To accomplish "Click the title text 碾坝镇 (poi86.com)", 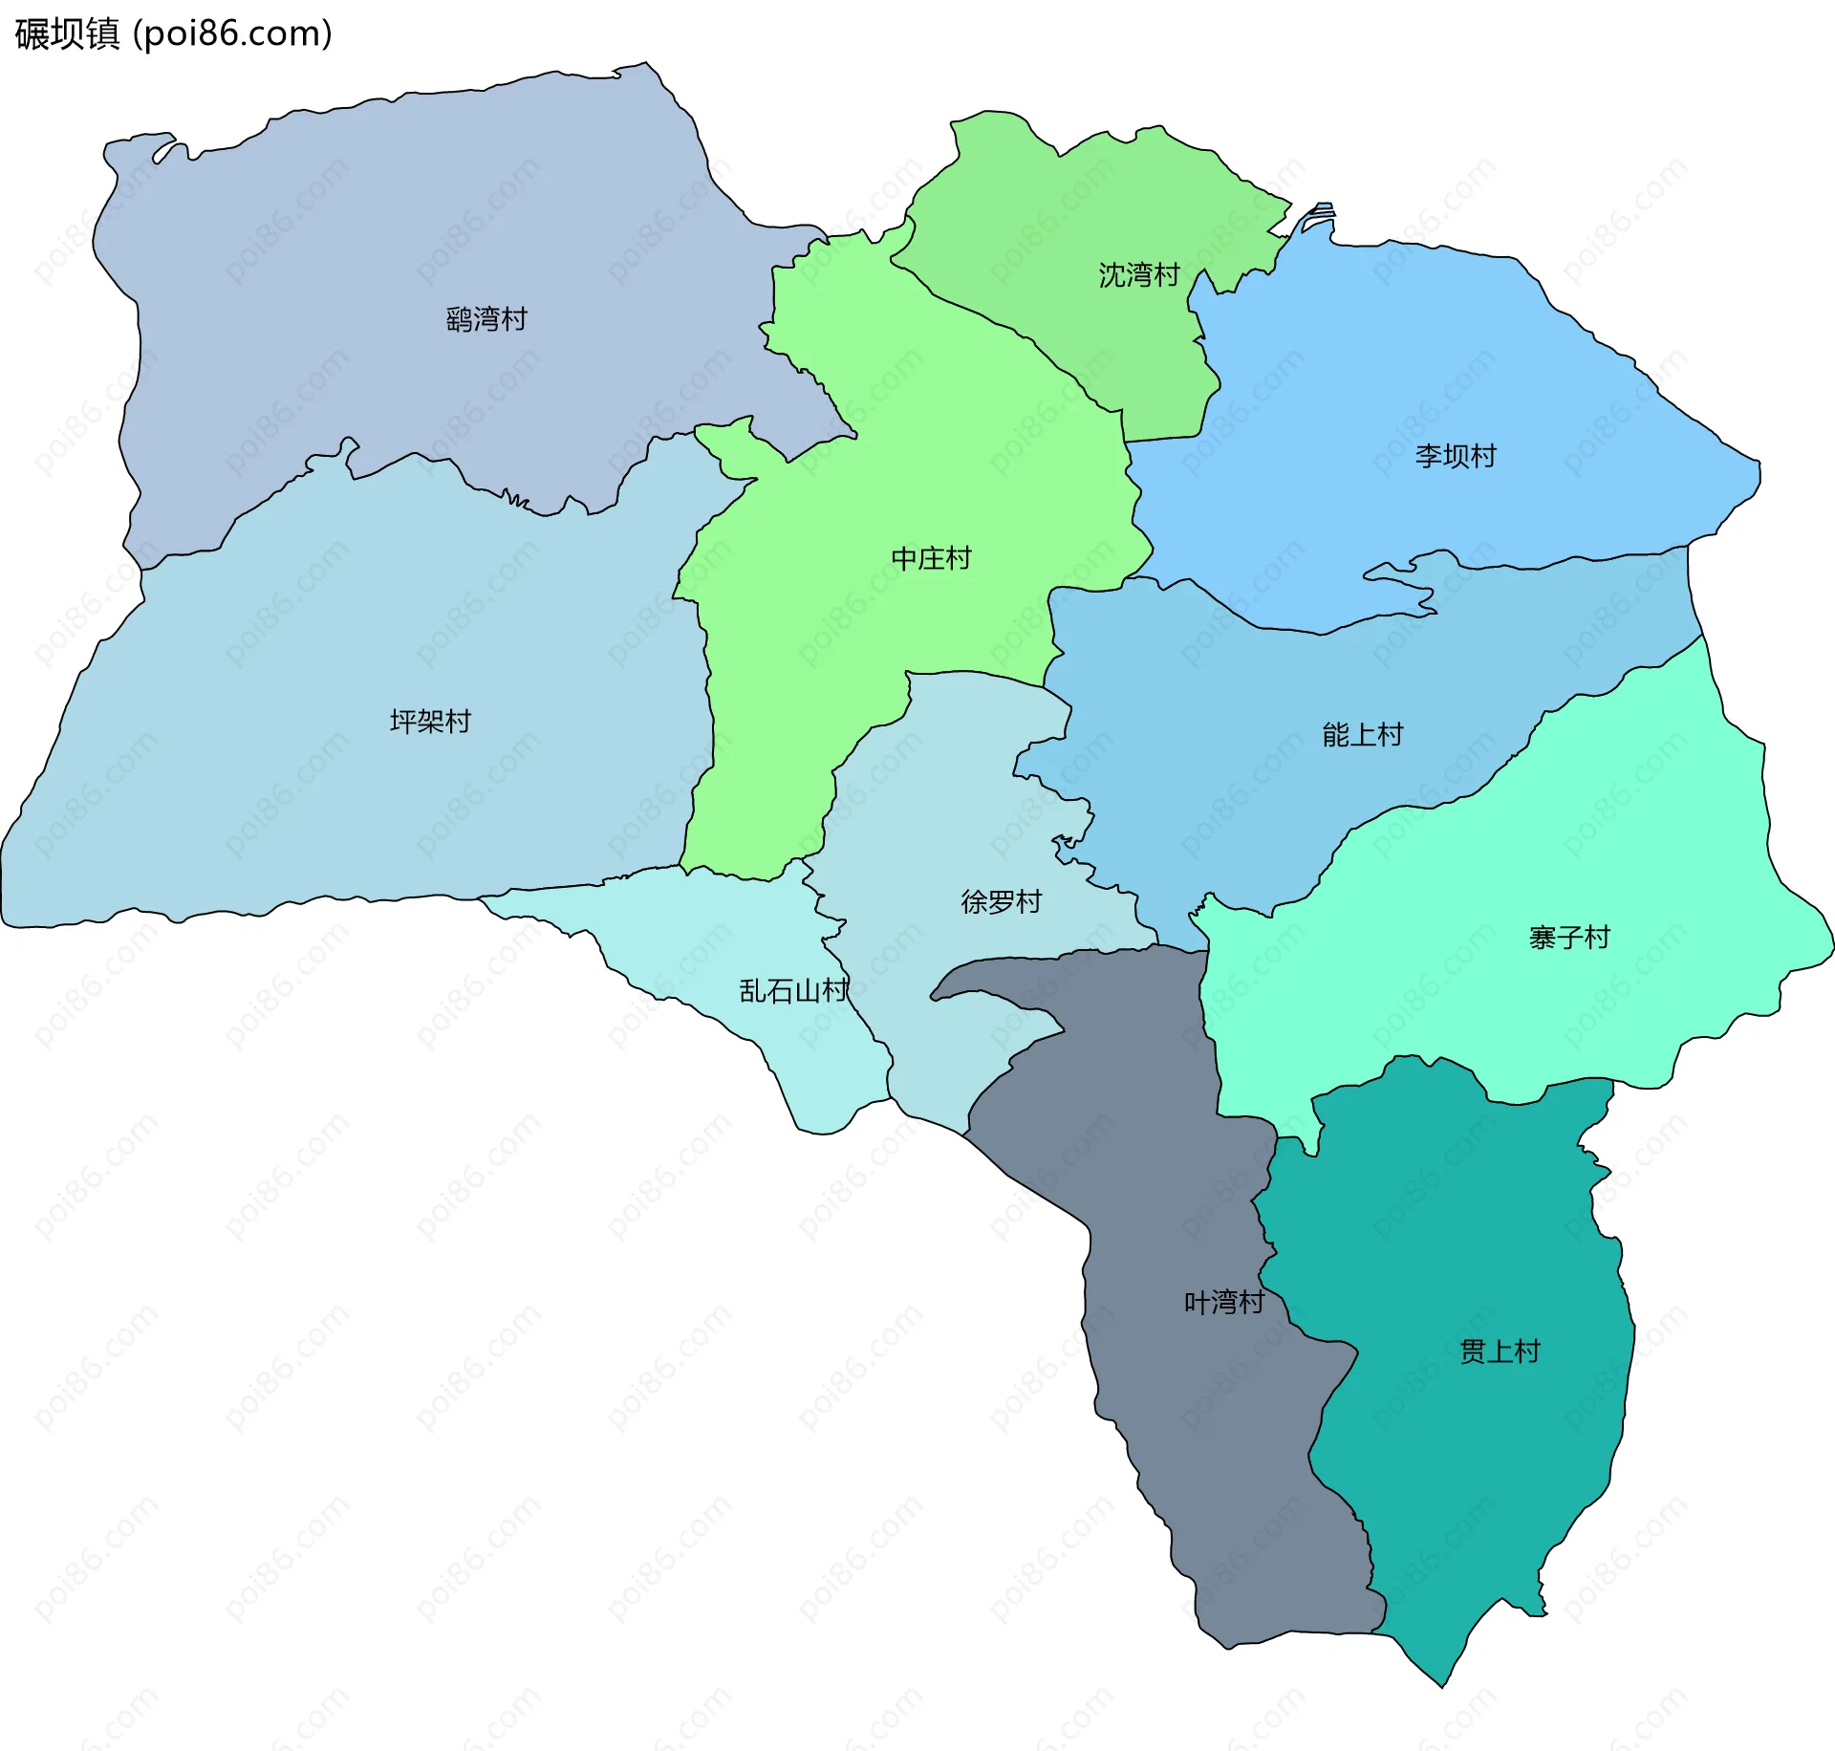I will pyautogui.click(x=173, y=33).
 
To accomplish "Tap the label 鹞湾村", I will pyautogui.click(x=486, y=319).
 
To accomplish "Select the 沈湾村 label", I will pyautogui.click(x=1139, y=275).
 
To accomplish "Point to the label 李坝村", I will pyautogui.click(x=1456, y=456).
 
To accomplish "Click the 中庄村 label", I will pyautogui.click(x=931, y=558).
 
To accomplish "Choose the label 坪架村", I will pyautogui.click(x=430, y=721).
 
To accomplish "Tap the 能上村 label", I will pyautogui.click(x=1362, y=734).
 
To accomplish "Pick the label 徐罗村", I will pyautogui.click(x=1001, y=901).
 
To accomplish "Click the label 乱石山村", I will pyautogui.click(x=793, y=990).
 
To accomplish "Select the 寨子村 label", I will pyautogui.click(x=1569, y=937).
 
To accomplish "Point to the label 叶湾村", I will pyautogui.click(x=1224, y=1302).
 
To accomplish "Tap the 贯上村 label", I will pyautogui.click(x=1500, y=1351).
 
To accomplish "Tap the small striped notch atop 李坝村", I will pyautogui.click(x=1320, y=214).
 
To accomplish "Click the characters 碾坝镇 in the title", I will pyautogui.click(x=67, y=33).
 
